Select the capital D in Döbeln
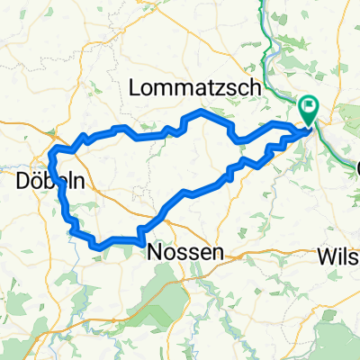click(x=22, y=181)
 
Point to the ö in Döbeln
click(x=36, y=181)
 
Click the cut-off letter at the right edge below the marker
click(x=355, y=168)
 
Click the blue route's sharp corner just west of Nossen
click(x=141, y=239)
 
